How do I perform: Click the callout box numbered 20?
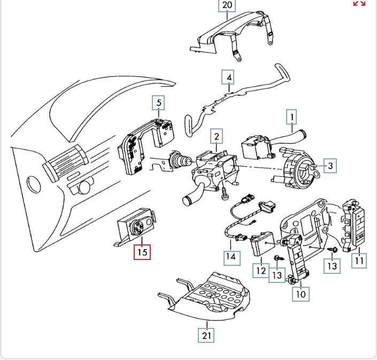227,6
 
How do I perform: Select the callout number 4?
229,78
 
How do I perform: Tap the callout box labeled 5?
158,102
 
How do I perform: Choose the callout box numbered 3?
330,166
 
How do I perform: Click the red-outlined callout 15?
142,251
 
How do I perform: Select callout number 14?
230,256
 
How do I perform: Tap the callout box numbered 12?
260,271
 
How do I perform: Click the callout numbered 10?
301,293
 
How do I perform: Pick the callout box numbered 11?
359,261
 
